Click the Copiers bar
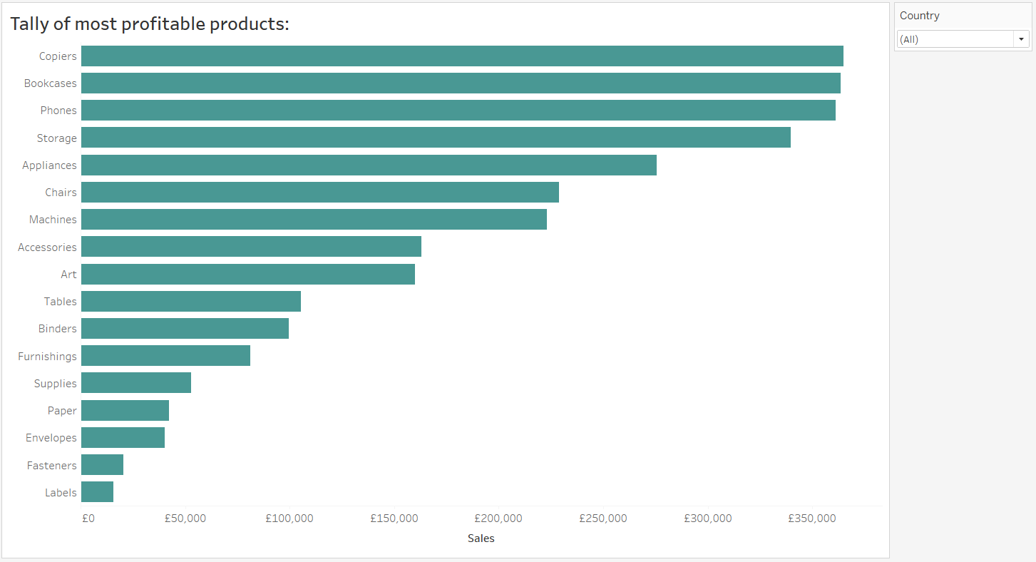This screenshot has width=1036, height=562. (462, 56)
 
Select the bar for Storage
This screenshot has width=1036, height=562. (436, 138)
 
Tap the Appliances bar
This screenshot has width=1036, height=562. (369, 165)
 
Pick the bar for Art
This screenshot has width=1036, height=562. (248, 274)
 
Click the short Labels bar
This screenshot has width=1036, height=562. (97, 492)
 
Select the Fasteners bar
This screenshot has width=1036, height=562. (102, 465)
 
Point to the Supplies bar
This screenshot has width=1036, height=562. (136, 383)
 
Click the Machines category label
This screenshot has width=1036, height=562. (53, 220)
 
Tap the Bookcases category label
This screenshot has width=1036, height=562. (50, 83)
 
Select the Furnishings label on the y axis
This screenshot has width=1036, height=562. (47, 356)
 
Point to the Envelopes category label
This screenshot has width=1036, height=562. (51, 438)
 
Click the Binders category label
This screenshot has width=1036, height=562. (57, 329)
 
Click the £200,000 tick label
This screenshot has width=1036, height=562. (499, 518)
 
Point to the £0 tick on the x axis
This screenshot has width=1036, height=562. (88, 518)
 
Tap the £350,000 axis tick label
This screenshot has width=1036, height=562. (812, 518)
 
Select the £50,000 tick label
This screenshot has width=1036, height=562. (185, 518)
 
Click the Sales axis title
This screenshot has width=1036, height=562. (481, 538)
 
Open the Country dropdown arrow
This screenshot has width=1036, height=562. (1022, 39)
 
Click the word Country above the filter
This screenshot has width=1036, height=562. (919, 16)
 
